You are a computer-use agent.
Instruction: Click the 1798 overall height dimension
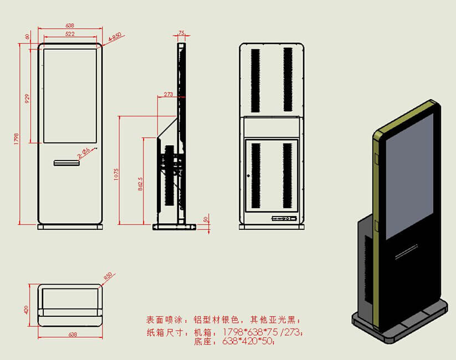[x=17, y=136]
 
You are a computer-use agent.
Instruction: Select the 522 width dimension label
[x=70, y=34]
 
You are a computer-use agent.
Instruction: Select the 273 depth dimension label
[x=169, y=94]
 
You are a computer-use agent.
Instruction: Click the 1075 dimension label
[x=116, y=173]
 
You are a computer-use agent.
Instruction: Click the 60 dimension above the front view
[x=27, y=37]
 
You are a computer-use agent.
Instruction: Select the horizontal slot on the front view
[x=66, y=162]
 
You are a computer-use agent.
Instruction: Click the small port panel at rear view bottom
[x=283, y=219]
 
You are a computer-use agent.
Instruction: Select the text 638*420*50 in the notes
[x=248, y=342]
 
